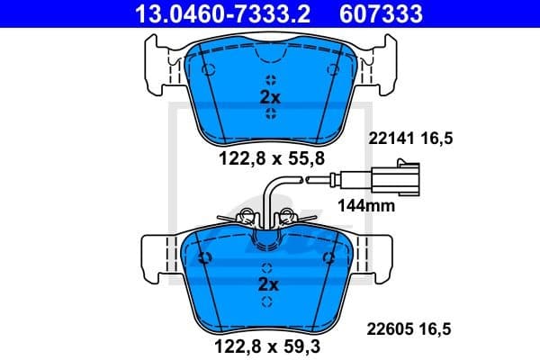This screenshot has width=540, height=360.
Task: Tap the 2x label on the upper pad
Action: click(x=270, y=98)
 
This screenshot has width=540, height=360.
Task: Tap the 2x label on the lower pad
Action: click(x=270, y=284)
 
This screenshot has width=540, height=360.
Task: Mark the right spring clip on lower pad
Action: click(x=289, y=216)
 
